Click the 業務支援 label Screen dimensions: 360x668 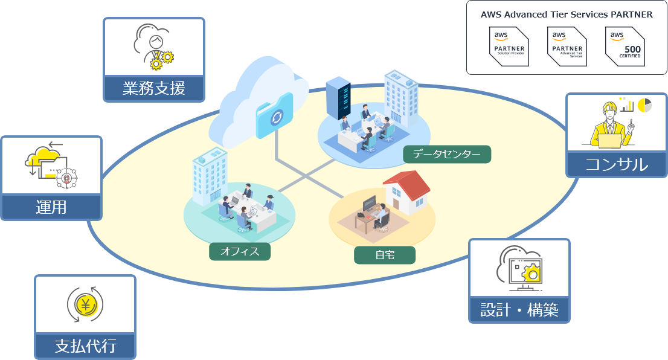click(x=154, y=89)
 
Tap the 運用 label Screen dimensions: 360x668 click(x=51, y=207)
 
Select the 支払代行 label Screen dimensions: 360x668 click(x=85, y=346)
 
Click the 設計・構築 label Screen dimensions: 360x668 click(x=519, y=310)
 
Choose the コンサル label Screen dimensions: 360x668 click(x=616, y=164)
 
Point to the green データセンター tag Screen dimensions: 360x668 click(x=447, y=155)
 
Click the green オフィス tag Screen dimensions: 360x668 click(x=240, y=251)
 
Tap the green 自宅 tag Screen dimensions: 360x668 click(x=385, y=255)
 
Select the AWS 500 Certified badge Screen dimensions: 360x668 click(x=625, y=47)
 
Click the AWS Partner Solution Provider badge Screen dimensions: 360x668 click(x=507, y=47)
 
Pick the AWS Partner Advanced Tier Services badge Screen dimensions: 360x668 click(x=567, y=47)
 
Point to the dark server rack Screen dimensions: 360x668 click(x=338, y=97)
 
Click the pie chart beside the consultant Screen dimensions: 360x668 click(x=644, y=105)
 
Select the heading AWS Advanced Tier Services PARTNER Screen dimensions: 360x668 click(x=567, y=15)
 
